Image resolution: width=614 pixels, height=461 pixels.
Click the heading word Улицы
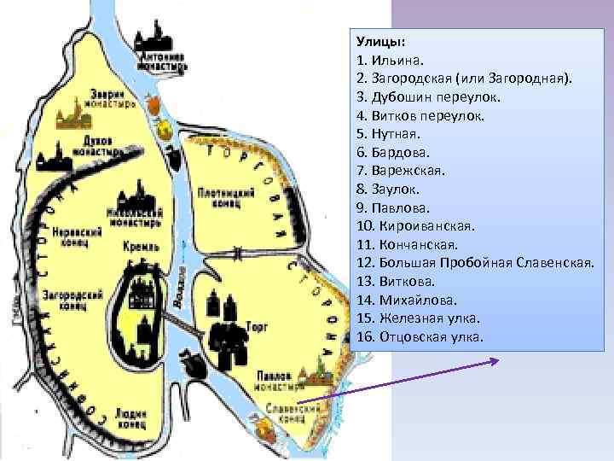(381, 42)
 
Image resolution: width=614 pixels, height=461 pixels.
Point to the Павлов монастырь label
(280, 381)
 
